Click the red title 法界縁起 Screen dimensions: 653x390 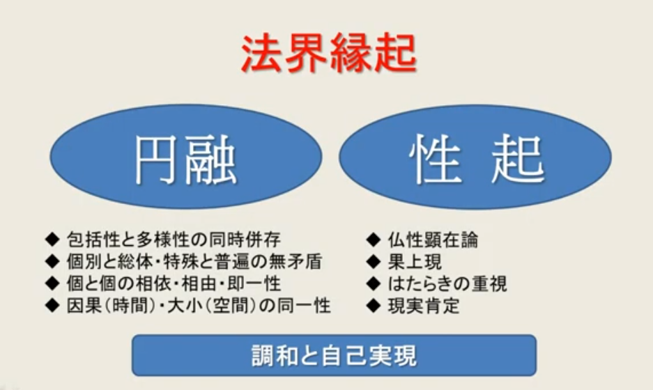pos(328,54)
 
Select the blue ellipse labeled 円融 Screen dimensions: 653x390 pos(186,157)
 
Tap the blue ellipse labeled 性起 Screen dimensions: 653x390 pos(475,157)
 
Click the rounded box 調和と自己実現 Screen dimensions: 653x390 pos(334,355)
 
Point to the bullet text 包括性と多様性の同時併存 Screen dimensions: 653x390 pos(174,240)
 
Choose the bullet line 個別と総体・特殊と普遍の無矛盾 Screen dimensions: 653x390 pos(194,261)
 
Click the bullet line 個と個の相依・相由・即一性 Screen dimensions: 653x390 pos(174,283)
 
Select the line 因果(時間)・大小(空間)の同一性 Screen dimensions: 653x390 pos(199,306)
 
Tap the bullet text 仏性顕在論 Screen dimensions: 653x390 pos(433,240)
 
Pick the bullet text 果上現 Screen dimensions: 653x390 pos(415,261)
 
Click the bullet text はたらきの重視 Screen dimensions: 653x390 pos(447,283)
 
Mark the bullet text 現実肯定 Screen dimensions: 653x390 pos(424,306)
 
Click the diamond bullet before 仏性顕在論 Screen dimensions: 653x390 pos(374,240)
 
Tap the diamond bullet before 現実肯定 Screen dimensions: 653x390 pos(374,306)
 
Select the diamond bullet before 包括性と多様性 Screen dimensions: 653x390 pos(52,240)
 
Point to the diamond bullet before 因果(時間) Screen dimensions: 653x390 pos(52,306)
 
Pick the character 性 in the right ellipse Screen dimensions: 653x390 pos(435,159)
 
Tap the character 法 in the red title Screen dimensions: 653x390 pos(262,54)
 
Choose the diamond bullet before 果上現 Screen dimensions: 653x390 pos(374,261)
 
